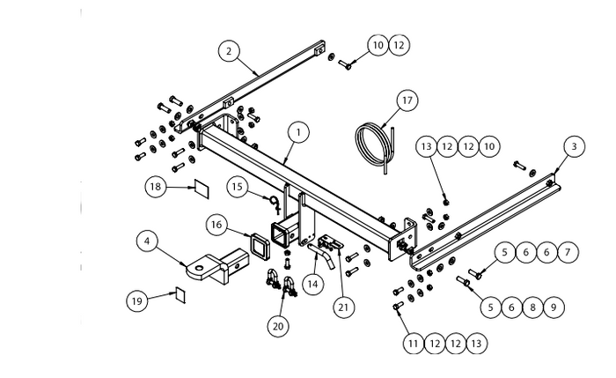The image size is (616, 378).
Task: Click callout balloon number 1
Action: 298,132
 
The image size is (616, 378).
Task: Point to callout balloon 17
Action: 406,100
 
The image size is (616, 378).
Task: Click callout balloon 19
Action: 136,300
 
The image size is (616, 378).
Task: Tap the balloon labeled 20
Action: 278,325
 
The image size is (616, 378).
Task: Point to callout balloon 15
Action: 237,186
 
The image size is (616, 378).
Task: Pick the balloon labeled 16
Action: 216,225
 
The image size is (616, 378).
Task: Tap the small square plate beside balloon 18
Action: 200,188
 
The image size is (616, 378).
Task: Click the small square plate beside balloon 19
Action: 180,293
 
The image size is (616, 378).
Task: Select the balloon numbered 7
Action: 569,253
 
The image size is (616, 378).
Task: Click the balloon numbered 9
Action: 553,307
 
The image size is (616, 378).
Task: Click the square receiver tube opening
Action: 283,233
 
